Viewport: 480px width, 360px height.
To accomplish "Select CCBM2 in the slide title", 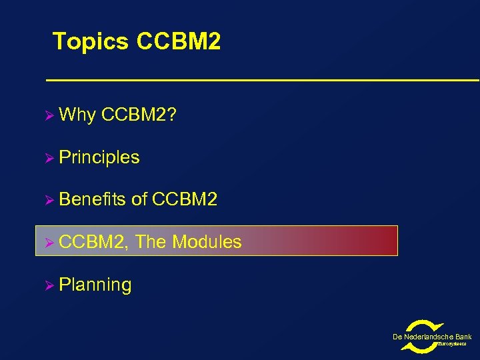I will click(178, 42).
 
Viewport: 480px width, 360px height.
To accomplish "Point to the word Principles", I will click(99, 157).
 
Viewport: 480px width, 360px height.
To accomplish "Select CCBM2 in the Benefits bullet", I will click(185, 199).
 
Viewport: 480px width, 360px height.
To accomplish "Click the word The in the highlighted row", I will click(151, 242).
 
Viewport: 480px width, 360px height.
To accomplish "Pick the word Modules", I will click(207, 242).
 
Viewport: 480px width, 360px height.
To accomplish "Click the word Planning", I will click(95, 285).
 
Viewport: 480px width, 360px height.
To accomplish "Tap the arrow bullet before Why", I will click(49, 115).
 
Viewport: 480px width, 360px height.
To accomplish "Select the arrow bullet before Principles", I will click(49, 158).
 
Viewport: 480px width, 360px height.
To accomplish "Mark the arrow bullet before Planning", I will click(49, 285).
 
